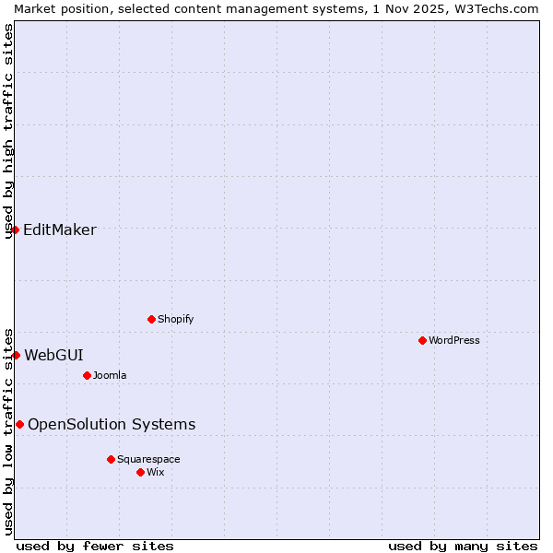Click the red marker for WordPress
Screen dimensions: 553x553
pyautogui.click(x=422, y=340)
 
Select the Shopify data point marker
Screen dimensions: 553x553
pyautogui.click(x=151, y=319)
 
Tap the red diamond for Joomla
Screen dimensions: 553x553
pyautogui.click(x=87, y=375)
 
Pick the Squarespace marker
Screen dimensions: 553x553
pyautogui.click(x=111, y=459)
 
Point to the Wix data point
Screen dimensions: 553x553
pyautogui.click(x=140, y=472)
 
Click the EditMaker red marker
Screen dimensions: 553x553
pyautogui.click(x=16, y=229)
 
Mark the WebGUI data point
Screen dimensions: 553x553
pyautogui.click(x=16, y=355)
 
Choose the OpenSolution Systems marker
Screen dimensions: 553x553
pyautogui.click(x=19, y=424)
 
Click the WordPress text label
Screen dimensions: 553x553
pyautogui.click(x=454, y=340)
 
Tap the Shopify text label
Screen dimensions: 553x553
pyautogui.click(x=175, y=319)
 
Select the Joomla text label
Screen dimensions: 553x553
pyautogui.click(x=110, y=375)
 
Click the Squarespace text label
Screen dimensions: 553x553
pyautogui.click(x=148, y=459)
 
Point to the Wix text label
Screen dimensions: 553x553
pyautogui.click(x=156, y=472)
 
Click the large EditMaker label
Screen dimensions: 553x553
pyautogui.click(x=60, y=230)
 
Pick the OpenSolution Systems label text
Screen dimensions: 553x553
pyautogui.click(x=112, y=425)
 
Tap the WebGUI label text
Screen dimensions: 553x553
pyautogui.click(x=53, y=355)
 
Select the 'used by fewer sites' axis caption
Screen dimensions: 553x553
pyautogui.click(x=95, y=547)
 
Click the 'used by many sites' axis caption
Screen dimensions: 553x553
pyautogui.click(x=462, y=547)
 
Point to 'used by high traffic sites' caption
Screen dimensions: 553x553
pyautogui.click(x=9, y=132)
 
